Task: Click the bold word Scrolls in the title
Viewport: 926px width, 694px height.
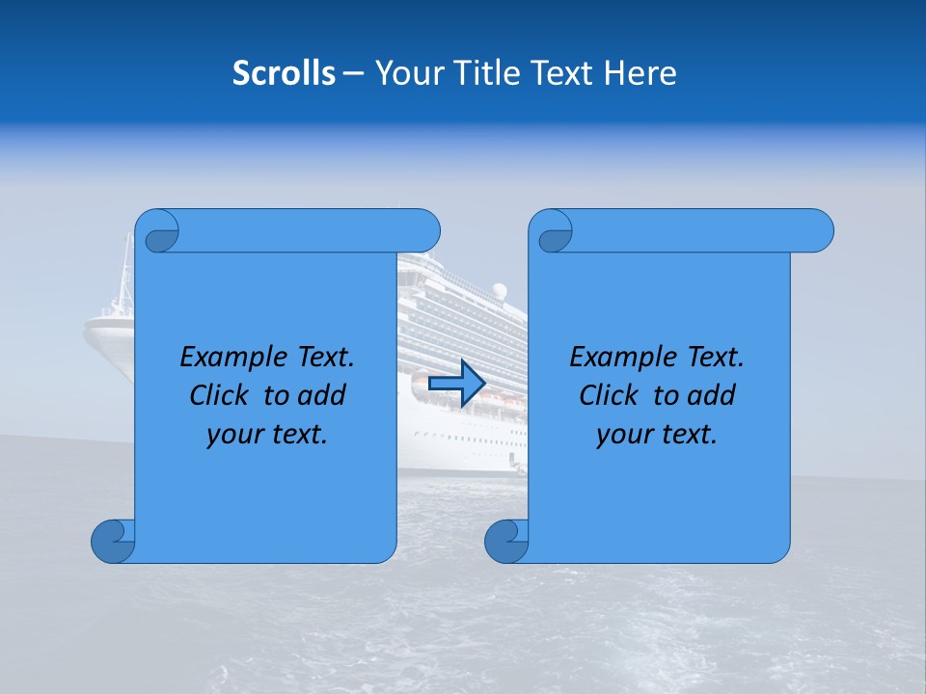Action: coord(284,73)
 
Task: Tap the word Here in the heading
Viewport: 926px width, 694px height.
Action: coord(640,73)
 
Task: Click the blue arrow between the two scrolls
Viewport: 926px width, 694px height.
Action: coord(456,384)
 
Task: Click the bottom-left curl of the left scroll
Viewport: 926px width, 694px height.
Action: coord(113,541)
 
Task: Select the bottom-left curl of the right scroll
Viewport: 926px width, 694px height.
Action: coord(506,541)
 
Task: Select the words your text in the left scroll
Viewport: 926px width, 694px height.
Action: coord(267,435)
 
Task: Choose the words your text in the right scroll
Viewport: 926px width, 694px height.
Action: coord(657,435)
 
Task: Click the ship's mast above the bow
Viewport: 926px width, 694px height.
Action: coord(124,270)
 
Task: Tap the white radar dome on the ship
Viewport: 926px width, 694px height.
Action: coord(499,290)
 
